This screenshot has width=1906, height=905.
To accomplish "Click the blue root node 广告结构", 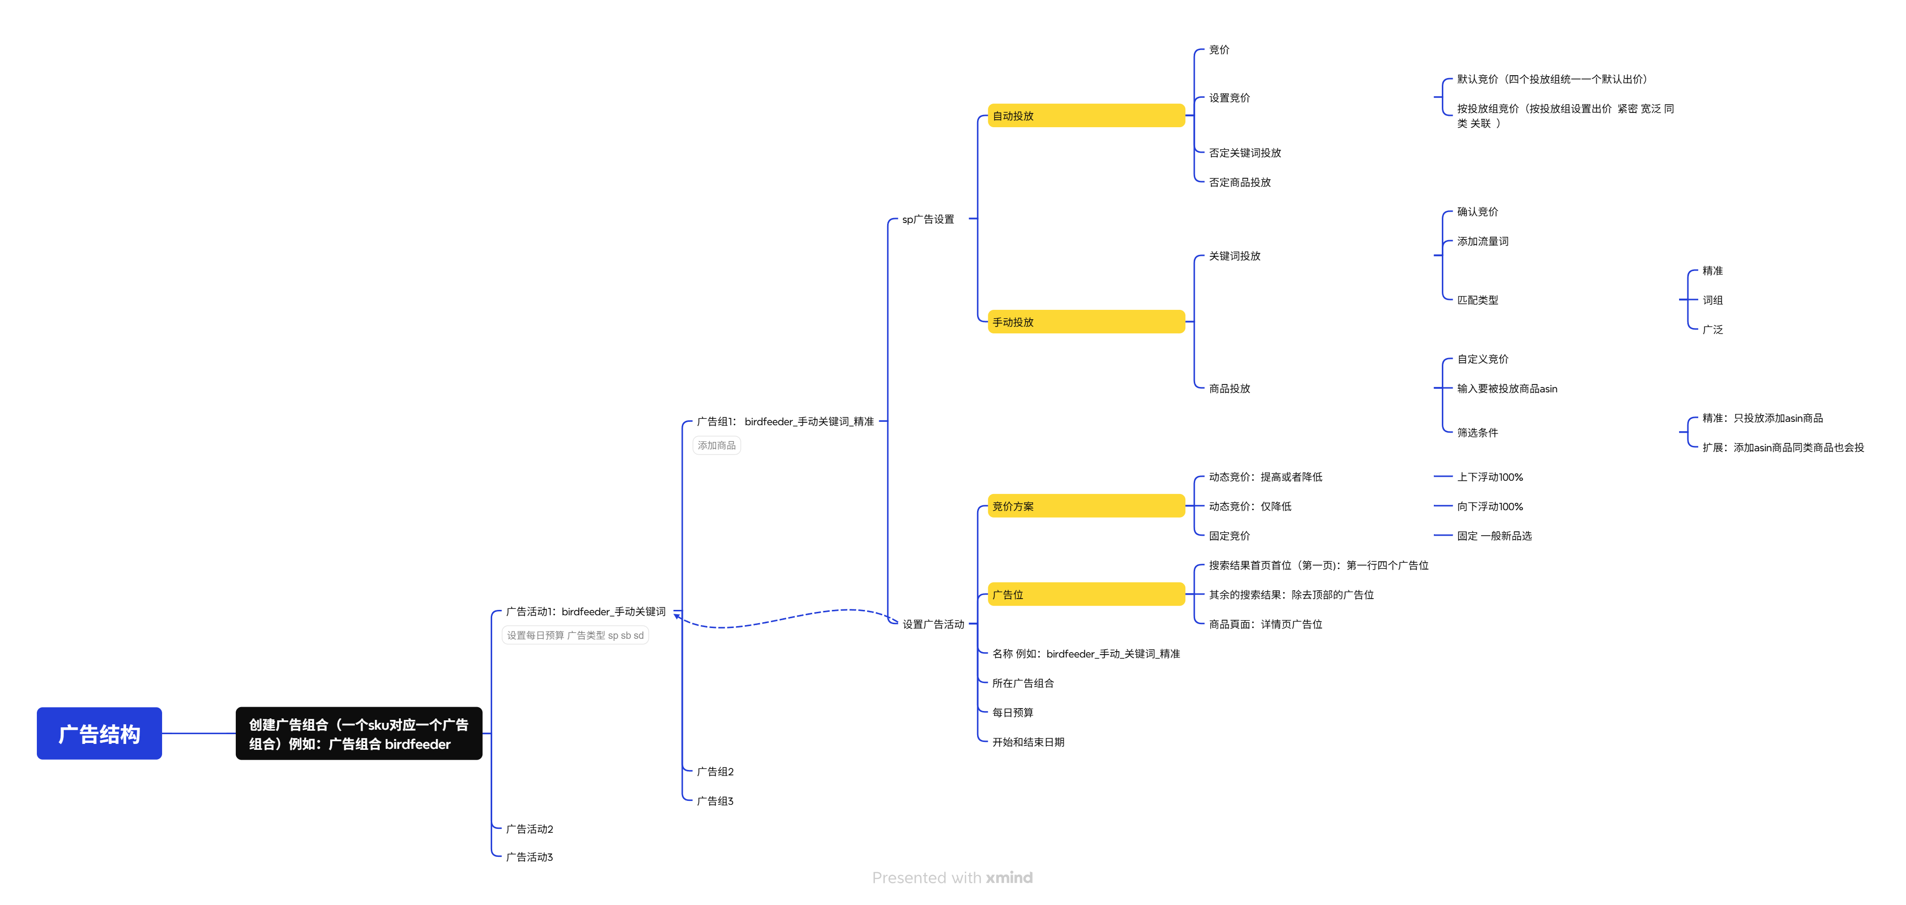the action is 99,734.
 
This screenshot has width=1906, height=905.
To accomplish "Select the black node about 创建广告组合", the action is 359,734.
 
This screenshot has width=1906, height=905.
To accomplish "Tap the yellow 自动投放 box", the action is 1086,115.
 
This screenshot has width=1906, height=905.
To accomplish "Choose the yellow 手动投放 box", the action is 1086,322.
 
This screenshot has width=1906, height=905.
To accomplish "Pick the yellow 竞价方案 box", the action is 1086,506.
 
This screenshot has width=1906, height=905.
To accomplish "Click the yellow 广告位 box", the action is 1086,595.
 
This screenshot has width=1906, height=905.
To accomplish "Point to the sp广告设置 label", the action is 928,219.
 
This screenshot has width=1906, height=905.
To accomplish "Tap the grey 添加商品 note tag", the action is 716,445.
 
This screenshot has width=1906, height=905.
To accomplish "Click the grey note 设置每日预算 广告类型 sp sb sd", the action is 575,635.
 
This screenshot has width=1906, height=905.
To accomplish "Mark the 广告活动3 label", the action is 529,857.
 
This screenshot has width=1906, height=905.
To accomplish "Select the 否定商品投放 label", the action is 1239,182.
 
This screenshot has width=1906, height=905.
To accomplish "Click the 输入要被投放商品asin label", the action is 1507,388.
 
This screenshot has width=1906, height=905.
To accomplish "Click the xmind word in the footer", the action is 1009,878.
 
